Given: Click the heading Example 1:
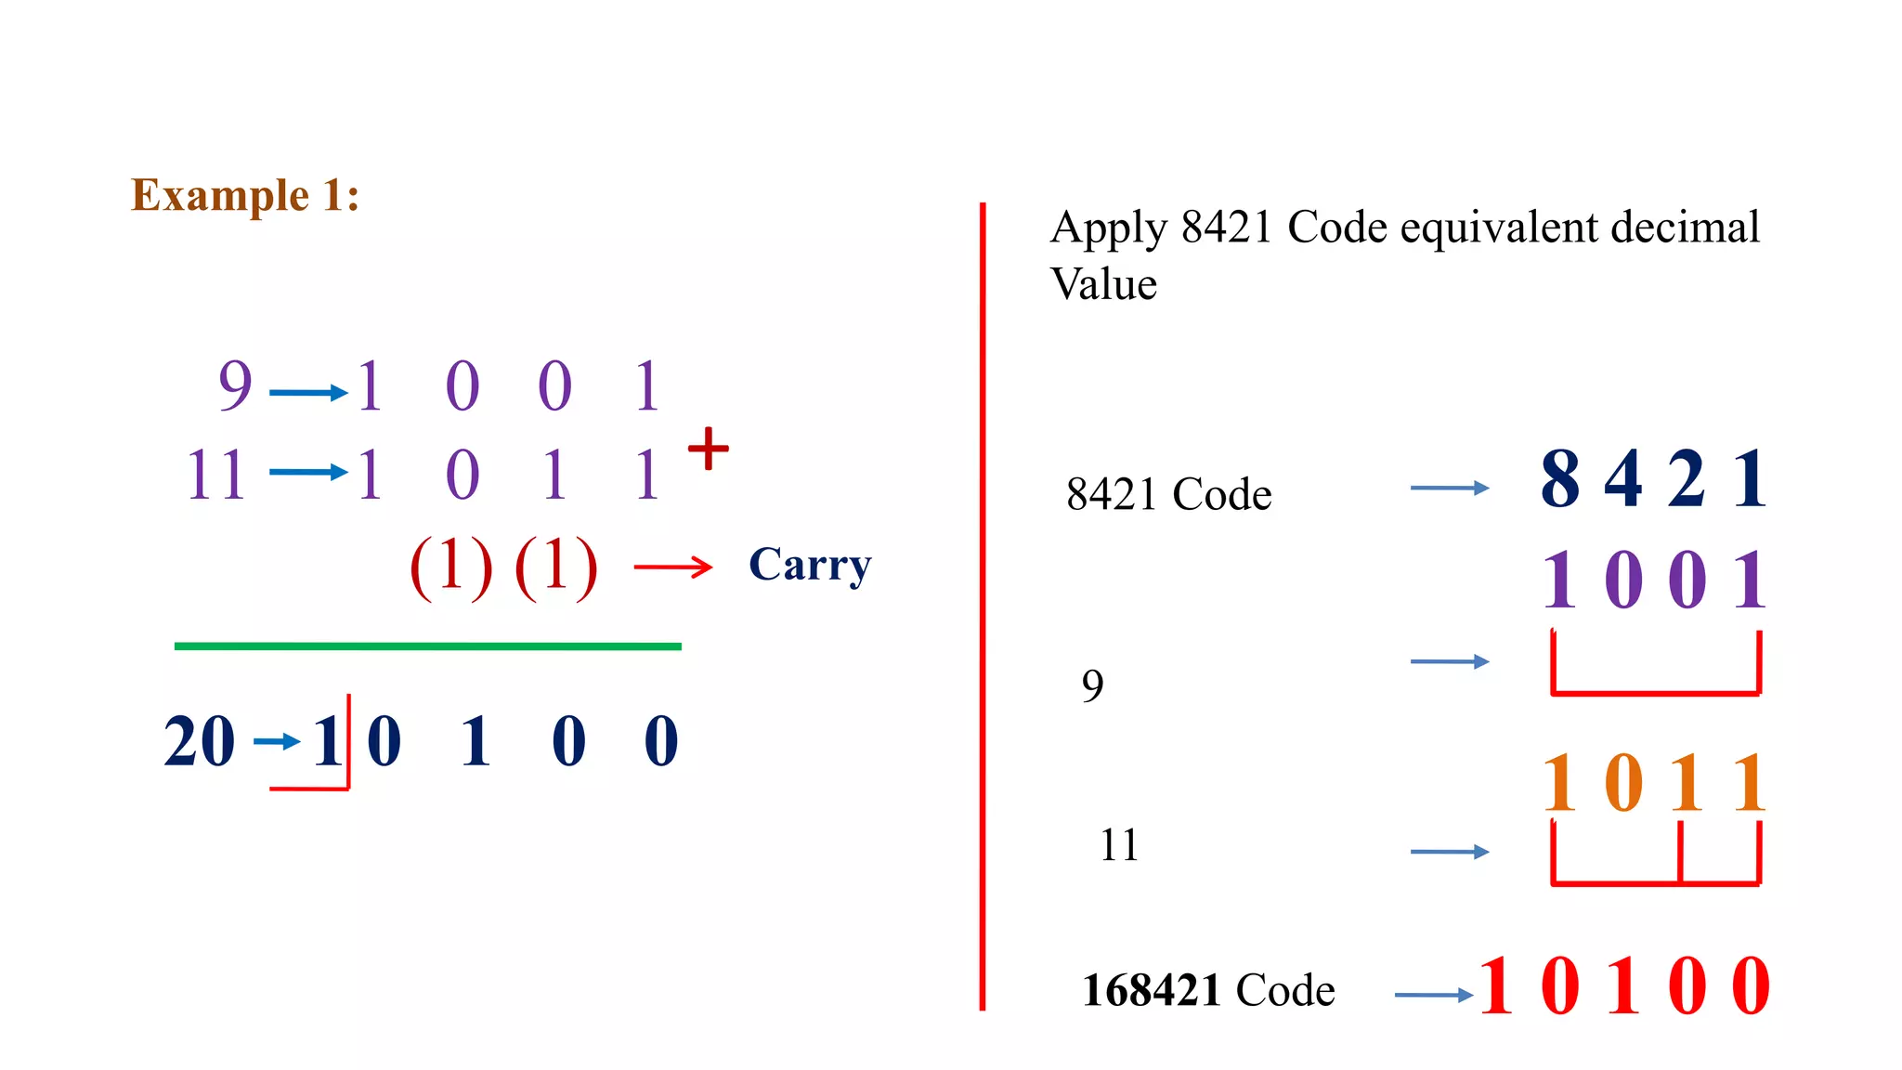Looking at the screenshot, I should point(245,196).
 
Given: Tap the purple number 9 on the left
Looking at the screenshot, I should point(235,385).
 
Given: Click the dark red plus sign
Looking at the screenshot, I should point(709,449).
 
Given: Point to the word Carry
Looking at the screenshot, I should point(810,565).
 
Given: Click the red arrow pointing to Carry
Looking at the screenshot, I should point(672,567).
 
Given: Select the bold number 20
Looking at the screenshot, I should point(199,741).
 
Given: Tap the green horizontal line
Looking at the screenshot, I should point(427,646).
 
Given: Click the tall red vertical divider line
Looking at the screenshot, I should point(983,604).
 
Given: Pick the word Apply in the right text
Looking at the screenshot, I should point(1108,228).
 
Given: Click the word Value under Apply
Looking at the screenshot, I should point(1103,284).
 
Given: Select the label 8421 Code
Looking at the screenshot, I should point(1168,494).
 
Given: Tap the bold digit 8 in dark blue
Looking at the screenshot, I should point(1560,479).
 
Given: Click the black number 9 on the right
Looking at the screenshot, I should point(1093,686).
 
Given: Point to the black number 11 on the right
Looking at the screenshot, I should point(1118,845).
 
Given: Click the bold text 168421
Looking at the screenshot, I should point(1152,990).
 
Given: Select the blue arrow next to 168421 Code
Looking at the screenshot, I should point(1433,995).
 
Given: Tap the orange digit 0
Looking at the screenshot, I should point(1623,783).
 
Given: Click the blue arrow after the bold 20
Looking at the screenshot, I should point(277,741).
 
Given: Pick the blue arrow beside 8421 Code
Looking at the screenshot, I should point(1449,488).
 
